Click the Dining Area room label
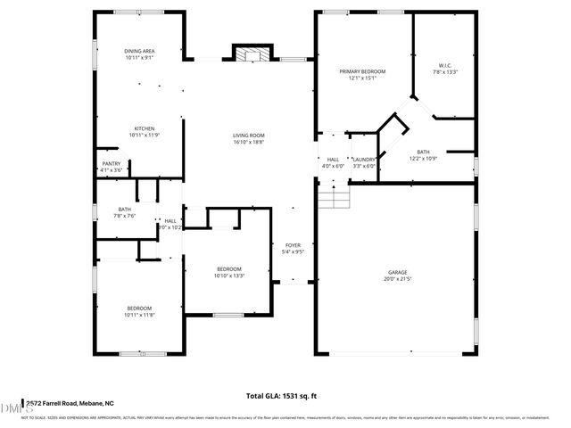(139, 51)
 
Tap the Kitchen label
(139, 128)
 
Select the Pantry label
(111, 163)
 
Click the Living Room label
(248, 135)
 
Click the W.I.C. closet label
(445, 65)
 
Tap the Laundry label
(364, 159)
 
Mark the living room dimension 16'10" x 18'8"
(248, 142)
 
